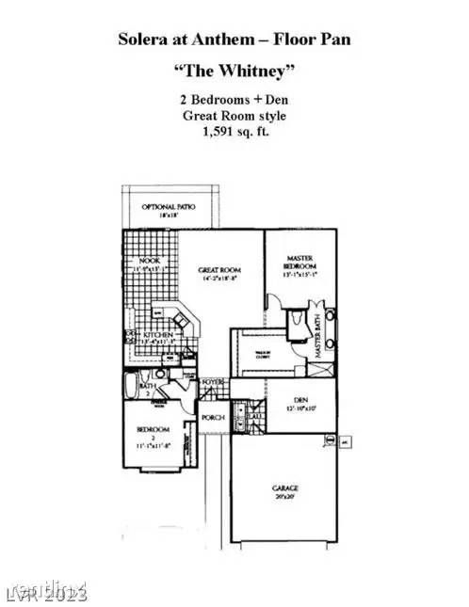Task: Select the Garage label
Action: pyautogui.click(x=285, y=488)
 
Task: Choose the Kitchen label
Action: pyautogui.click(x=155, y=334)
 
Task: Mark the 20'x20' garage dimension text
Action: pyautogui.click(x=285, y=497)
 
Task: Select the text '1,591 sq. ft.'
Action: pyautogui.click(x=234, y=132)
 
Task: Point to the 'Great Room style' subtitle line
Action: pyautogui.click(x=234, y=115)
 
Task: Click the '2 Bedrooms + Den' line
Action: pyautogui.click(x=234, y=100)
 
